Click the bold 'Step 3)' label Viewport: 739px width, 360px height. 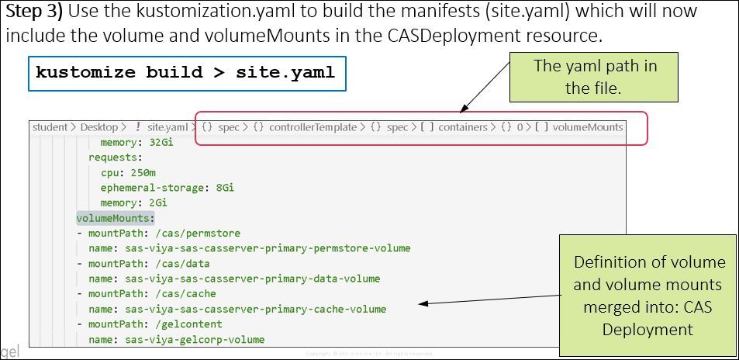pyautogui.click(x=35, y=12)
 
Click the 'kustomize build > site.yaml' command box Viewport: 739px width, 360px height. pyautogui.click(x=187, y=73)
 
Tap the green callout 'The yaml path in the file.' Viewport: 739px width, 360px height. pyautogui.click(x=595, y=77)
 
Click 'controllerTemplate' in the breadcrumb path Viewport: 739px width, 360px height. pyautogui.click(x=313, y=126)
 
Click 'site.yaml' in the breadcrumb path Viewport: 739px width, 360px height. pyautogui.click(x=167, y=126)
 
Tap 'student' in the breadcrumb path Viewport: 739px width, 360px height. pyautogui.click(x=50, y=126)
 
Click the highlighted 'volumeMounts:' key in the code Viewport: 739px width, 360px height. pyautogui.click(x=116, y=219)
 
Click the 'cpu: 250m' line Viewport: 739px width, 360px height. pyautogui.click(x=123, y=173)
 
